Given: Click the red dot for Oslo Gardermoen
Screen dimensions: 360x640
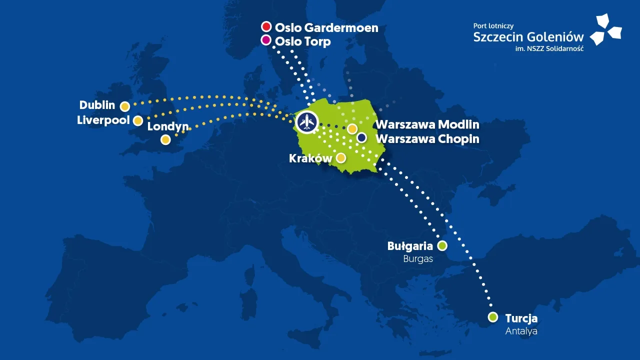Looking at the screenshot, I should coord(266,27).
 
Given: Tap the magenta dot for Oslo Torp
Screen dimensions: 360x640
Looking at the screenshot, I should coord(266,40).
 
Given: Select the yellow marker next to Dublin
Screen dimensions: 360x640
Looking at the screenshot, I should coord(125,106).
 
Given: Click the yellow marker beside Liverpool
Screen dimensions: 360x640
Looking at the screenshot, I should coord(138,120).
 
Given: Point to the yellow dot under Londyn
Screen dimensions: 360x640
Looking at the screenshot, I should coord(165,140).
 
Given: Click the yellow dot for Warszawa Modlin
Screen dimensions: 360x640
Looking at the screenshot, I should coord(352,128).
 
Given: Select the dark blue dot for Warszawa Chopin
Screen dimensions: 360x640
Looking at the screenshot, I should coord(361,137).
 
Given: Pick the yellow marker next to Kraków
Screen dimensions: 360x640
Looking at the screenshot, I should coord(340,158).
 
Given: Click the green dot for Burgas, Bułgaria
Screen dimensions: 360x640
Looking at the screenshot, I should coord(442,245).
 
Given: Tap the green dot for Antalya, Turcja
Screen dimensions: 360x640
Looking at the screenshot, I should coord(493,317).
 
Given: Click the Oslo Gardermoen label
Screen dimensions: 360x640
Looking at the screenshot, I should coord(326,28).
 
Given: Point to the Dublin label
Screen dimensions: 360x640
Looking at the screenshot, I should coord(97,105).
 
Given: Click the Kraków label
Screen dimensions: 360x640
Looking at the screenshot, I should coord(310,158).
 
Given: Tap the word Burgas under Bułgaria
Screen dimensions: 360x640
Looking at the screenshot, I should coord(418,259).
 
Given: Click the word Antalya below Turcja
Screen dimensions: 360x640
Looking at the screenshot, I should coord(521,331).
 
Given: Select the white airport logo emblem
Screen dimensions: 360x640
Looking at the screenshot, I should coord(605,30).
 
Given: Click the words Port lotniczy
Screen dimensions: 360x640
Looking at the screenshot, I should coord(493,25).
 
